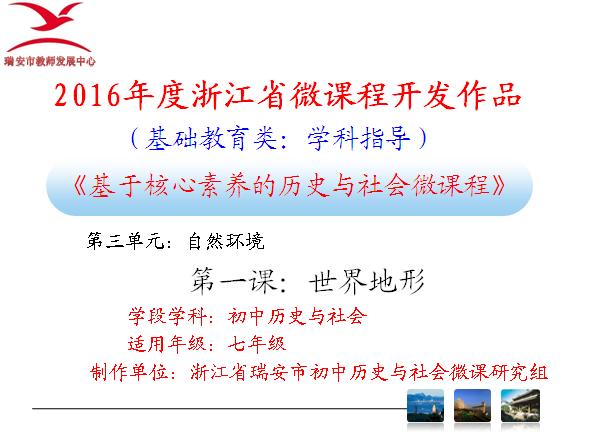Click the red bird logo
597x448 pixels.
pos(49,27)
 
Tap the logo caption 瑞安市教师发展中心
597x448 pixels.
pos(49,61)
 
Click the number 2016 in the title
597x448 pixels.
pos(87,95)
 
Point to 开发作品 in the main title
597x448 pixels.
pos(457,94)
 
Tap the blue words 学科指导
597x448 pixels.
pos(359,139)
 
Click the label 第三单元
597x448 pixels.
pos(126,241)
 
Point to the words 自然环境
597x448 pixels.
pos(226,241)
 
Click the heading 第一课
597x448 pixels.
pos(233,281)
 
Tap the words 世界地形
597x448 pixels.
pos(366,281)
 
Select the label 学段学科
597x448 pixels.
pos(168,316)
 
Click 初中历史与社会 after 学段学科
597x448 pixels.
pos(297,316)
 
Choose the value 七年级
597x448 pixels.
pos(257,344)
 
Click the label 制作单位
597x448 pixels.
pos(129,372)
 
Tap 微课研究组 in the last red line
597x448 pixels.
pos(498,372)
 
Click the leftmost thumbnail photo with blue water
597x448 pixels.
pos(425,405)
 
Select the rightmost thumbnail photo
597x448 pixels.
pos(520,405)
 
